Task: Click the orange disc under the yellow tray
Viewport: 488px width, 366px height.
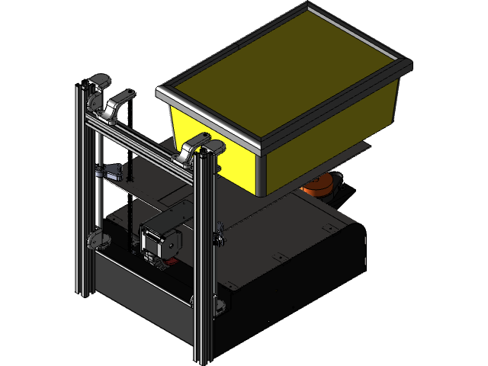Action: tap(321, 185)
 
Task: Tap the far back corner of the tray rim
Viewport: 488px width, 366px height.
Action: tap(309, 7)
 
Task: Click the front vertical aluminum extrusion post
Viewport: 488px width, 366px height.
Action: tap(204, 259)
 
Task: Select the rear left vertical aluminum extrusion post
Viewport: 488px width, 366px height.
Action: tap(82, 191)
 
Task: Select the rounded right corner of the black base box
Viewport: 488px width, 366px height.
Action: tap(358, 229)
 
